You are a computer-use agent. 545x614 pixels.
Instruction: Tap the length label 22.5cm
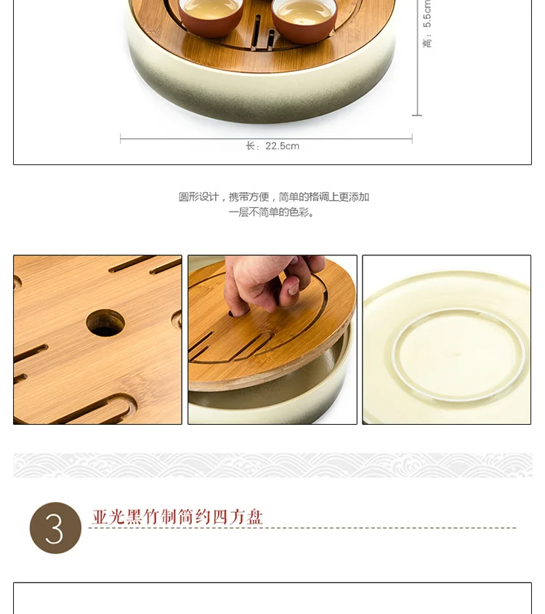[272, 146]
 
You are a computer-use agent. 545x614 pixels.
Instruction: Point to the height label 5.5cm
[427, 23]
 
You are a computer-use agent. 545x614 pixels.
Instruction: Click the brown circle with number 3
[55, 528]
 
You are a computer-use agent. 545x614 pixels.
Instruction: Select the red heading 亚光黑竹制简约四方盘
[177, 517]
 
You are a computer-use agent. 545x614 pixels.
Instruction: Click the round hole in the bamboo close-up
[105, 323]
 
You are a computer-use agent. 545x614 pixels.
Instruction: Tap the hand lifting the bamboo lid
[274, 282]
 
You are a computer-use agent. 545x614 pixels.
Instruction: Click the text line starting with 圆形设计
[274, 196]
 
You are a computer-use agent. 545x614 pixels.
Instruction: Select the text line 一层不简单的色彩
[272, 212]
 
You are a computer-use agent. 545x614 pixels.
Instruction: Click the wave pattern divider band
[272, 465]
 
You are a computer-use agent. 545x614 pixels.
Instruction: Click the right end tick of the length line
[412, 139]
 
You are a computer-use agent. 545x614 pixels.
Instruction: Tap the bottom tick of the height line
[417, 115]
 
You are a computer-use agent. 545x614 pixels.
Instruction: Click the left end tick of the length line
[121, 139]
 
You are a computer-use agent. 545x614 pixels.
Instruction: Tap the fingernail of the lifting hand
[293, 290]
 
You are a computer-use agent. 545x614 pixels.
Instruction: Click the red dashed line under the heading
[302, 528]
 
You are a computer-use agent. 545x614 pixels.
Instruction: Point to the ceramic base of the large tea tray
[262, 94]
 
